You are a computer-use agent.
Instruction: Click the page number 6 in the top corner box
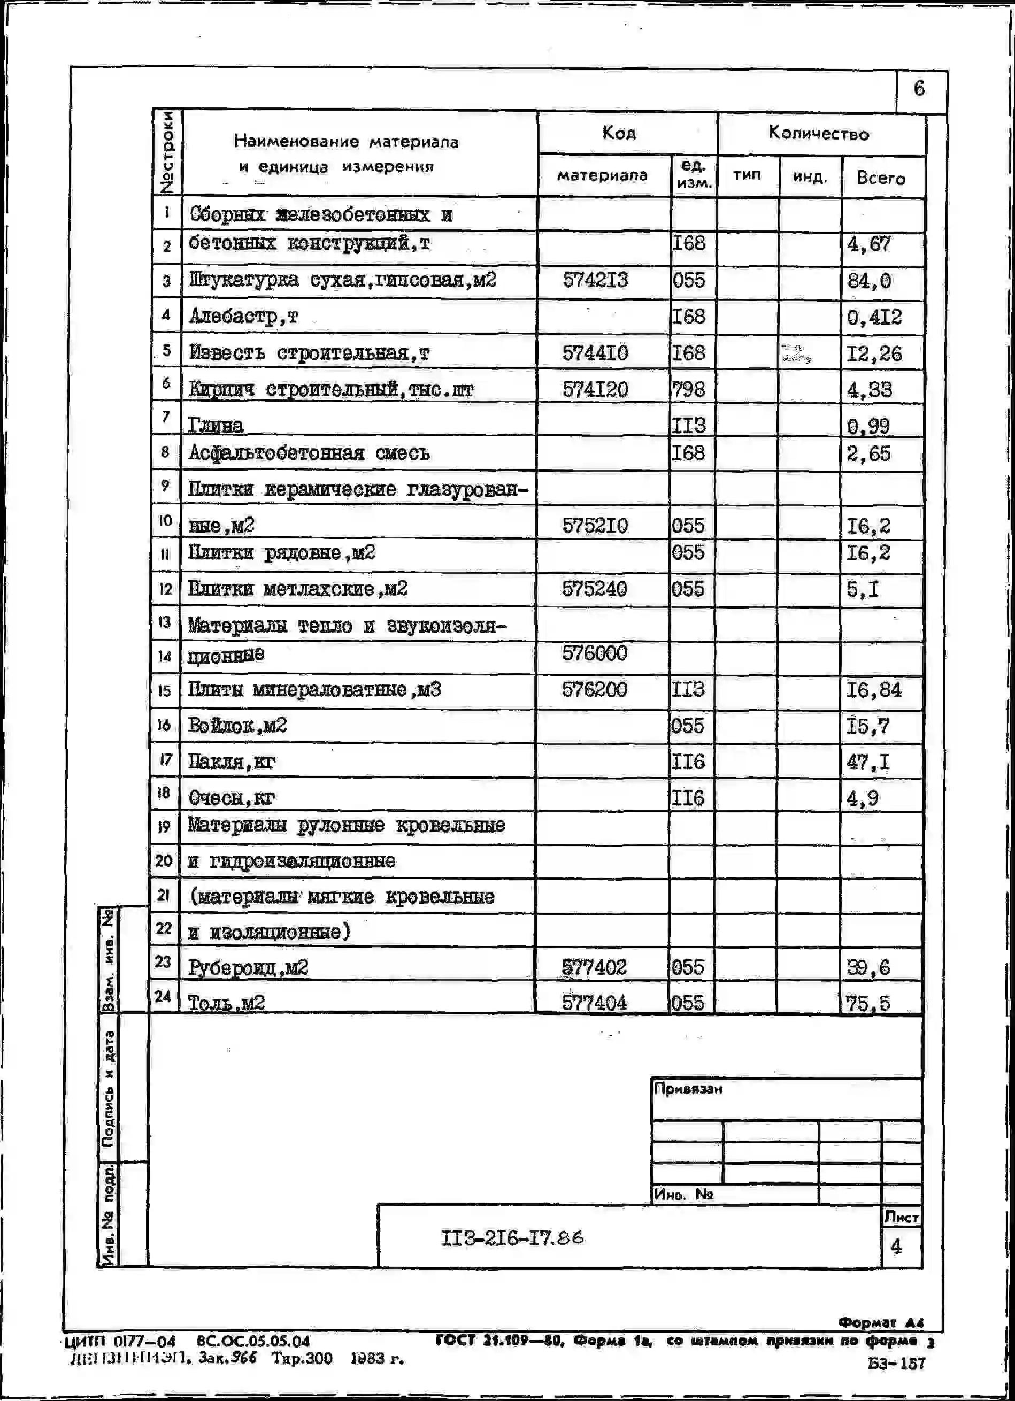pos(919,88)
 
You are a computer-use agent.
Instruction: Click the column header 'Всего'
pos(880,179)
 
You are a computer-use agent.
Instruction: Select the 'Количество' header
pos(819,134)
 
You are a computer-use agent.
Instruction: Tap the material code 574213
pos(595,280)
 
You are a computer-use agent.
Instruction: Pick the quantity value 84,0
pos(868,282)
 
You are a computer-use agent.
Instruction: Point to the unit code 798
pos(688,389)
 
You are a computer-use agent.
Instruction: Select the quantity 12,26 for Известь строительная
pos(874,354)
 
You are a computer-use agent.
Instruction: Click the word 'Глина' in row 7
pos(216,425)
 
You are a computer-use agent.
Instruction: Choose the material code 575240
pos(594,589)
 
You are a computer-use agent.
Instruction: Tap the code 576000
pos(594,653)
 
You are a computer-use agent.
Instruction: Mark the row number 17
pos(164,760)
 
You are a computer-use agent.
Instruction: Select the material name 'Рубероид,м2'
pos(248,967)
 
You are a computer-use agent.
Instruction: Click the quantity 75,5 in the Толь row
pos(868,1003)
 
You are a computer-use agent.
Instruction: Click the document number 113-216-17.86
pos(512,1237)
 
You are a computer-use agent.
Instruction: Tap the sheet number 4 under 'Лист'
pos(896,1246)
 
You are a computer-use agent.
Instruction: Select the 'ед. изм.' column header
pos(694,175)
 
